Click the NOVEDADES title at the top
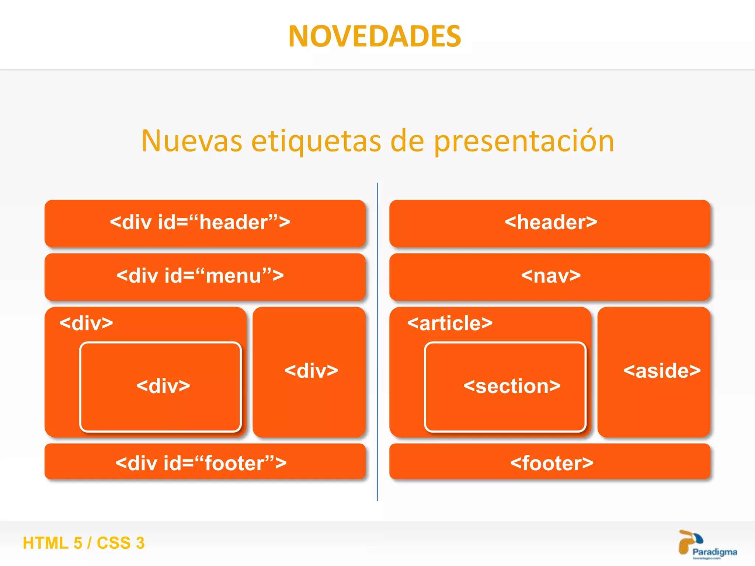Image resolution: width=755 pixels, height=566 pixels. point(375,36)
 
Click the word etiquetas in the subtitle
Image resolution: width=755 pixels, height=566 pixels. point(316,141)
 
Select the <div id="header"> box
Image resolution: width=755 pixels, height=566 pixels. point(205,223)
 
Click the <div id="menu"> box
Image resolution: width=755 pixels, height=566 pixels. point(205,276)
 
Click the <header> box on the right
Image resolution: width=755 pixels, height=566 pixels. point(550,223)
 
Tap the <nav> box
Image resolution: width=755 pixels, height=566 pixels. point(550,276)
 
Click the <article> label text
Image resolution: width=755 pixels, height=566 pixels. point(450,323)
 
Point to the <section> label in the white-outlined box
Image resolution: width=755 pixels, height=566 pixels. point(512,386)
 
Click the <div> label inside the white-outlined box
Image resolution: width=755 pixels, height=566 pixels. point(163,386)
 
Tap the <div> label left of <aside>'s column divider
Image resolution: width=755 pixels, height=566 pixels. point(311,371)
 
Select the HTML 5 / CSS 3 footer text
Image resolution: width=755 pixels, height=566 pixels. point(84,543)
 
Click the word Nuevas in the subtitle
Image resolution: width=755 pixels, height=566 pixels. point(192,141)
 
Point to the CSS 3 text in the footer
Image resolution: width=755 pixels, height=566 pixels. point(121,543)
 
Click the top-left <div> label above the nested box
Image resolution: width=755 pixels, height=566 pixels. point(86,323)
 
